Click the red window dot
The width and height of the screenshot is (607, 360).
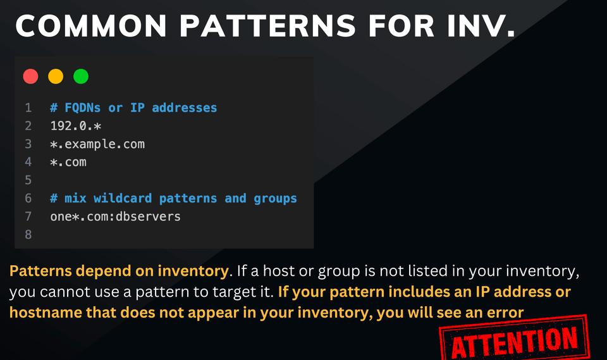coord(30,77)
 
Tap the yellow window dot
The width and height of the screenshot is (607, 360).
coord(56,77)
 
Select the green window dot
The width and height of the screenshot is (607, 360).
coord(81,77)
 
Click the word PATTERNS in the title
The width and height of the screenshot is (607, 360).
coord(267,26)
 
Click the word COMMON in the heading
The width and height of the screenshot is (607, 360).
coord(91,26)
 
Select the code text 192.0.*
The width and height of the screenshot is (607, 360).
coord(76,126)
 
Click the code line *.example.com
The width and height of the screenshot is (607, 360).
coord(97,144)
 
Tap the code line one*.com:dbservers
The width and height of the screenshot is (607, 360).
coord(115,216)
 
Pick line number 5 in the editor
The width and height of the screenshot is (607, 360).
coord(28,180)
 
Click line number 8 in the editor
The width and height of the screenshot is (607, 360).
coord(28,235)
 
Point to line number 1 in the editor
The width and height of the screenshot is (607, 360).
coord(28,108)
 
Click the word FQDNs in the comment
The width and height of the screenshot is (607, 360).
coord(82,108)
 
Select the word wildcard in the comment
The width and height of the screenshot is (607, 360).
coord(123,199)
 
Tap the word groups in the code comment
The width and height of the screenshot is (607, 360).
coord(275,199)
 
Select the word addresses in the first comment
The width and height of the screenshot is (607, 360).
coord(184,108)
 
